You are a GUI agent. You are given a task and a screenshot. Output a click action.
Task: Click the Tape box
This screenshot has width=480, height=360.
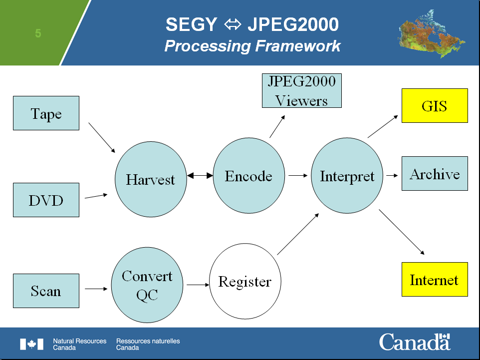[x=46, y=113]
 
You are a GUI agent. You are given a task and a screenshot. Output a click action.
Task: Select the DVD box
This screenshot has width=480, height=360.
[x=46, y=200]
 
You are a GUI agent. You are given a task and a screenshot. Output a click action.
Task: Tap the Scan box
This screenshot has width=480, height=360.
[x=46, y=291]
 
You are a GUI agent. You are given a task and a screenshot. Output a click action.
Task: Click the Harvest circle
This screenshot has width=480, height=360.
[x=151, y=179]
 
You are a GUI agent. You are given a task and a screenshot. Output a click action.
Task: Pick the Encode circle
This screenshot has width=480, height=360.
[x=249, y=176]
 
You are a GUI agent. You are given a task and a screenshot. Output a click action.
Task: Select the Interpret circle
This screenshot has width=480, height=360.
[x=347, y=176]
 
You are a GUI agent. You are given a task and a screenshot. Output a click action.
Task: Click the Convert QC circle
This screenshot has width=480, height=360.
[x=147, y=285]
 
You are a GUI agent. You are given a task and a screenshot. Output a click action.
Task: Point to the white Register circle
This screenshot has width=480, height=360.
[x=245, y=281]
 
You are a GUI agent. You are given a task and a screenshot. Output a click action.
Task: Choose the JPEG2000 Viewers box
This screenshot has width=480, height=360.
[x=302, y=91]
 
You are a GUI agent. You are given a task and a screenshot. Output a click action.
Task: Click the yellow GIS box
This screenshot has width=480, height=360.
[x=435, y=106]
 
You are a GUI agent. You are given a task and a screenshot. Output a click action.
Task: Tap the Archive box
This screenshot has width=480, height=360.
[x=435, y=173]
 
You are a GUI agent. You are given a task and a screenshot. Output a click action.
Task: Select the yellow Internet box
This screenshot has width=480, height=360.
[x=435, y=280]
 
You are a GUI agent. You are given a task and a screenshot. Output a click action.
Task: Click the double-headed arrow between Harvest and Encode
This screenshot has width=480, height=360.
[x=200, y=176]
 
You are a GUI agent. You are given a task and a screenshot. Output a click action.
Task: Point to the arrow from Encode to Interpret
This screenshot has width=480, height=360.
[x=298, y=176]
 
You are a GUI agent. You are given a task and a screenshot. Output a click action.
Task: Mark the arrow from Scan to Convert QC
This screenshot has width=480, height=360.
[x=96, y=289]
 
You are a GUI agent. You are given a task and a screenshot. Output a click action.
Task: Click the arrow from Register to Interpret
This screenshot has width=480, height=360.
[x=298, y=234]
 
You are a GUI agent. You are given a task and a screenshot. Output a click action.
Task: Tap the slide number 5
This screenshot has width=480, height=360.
[x=38, y=33]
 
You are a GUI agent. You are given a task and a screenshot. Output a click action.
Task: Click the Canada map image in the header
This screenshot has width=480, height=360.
[x=431, y=33]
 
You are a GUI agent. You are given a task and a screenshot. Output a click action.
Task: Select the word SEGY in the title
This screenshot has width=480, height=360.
[x=191, y=24]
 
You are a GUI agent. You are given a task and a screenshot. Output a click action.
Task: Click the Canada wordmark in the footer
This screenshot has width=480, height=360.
[x=415, y=342]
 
